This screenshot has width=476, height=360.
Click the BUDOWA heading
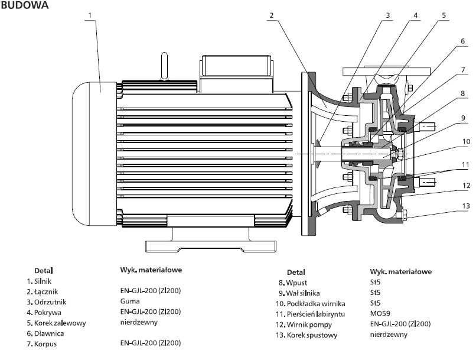click(25, 5)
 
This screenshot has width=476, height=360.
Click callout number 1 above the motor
click(89, 15)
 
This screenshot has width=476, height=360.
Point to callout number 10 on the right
click(466, 141)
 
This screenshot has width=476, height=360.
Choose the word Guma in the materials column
click(130, 301)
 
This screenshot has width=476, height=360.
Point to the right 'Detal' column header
click(296, 272)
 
